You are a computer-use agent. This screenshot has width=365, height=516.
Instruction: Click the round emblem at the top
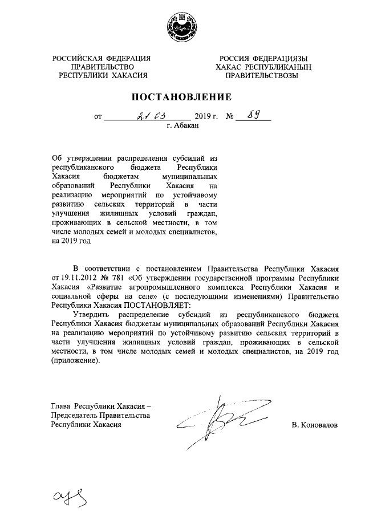coord(182,27)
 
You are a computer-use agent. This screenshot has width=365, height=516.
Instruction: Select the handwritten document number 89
coord(254,116)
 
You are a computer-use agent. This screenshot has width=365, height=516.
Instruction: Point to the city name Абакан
coord(187,126)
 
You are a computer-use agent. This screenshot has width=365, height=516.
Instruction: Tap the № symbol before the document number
coord(230,117)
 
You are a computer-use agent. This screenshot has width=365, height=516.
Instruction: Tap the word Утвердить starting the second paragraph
coord(92,315)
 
